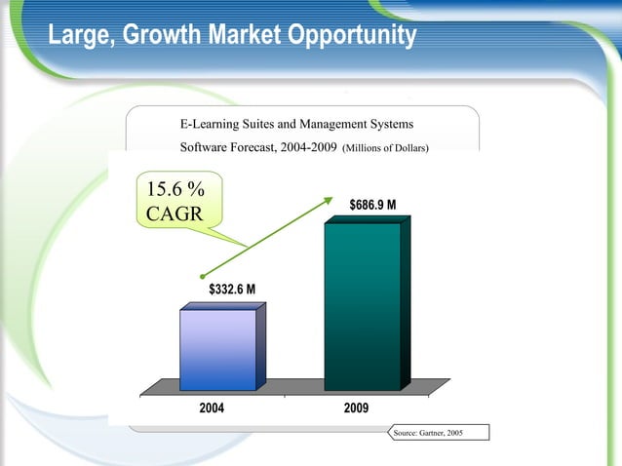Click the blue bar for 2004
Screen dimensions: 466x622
(218, 349)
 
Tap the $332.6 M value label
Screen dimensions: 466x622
(232, 290)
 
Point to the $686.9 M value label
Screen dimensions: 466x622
(372, 205)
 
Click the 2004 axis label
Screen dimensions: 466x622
(215, 408)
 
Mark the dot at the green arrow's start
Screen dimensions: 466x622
(201, 276)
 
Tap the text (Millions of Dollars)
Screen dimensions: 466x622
(387, 148)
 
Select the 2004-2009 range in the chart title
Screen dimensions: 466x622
(306, 148)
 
